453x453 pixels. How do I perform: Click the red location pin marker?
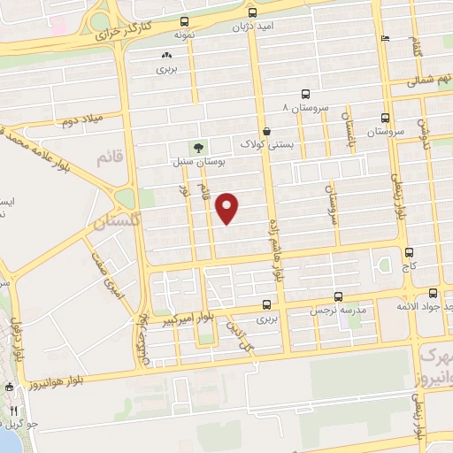click(x=228, y=207)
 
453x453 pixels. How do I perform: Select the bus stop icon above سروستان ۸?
click(x=305, y=94)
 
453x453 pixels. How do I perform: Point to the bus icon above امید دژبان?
click(x=252, y=12)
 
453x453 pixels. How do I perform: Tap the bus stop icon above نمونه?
click(x=183, y=21)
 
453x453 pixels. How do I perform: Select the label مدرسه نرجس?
click(x=337, y=311)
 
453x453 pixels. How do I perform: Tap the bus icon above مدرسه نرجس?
click(x=338, y=297)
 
